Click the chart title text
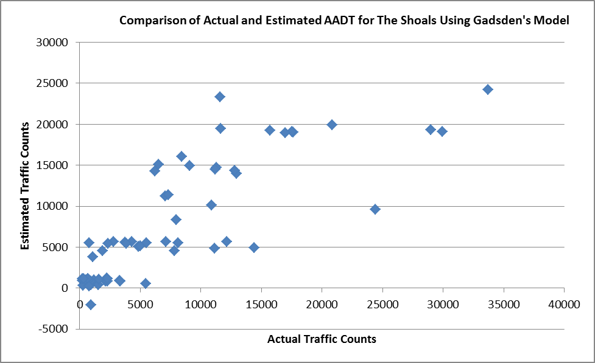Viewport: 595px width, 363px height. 344,21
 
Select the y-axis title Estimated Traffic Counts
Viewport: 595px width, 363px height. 26,186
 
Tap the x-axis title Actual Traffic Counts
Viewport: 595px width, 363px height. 322,339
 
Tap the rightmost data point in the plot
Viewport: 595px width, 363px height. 487,89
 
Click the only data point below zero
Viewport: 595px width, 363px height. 91,305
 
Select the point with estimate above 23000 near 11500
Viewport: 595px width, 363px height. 220,97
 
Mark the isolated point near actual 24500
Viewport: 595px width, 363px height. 375,209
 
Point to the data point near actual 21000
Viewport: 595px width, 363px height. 332,125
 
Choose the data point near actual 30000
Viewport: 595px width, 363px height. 442,131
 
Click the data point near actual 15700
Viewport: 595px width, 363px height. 270,130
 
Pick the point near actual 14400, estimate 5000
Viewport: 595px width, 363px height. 254,247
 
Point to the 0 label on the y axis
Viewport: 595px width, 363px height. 65,288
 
